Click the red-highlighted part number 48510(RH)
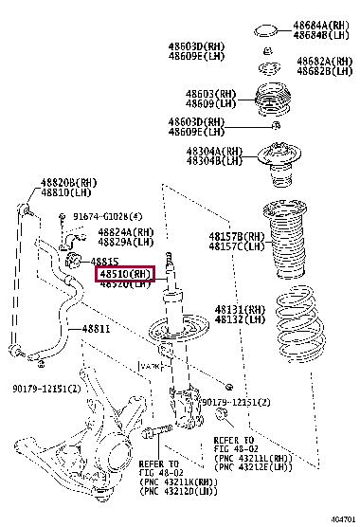point(125,274)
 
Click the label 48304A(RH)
point(213,152)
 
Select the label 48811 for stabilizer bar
point(96,330)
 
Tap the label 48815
point(105,261)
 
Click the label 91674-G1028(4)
point(107,216)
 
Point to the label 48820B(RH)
point(68,182)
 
